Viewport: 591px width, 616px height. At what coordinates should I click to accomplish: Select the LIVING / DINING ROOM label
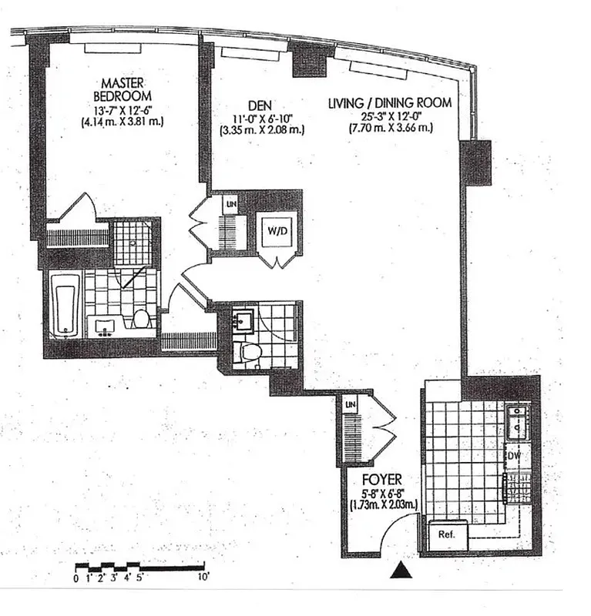point(388,103)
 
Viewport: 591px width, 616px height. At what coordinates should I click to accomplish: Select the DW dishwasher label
point(514,456)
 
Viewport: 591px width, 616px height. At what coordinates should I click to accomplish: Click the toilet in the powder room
point(249,353)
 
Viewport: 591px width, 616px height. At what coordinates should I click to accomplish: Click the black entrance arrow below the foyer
point(400,571)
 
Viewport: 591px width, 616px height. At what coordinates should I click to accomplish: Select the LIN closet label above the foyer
point(350,403)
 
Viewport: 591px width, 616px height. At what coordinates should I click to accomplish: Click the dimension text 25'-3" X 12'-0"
point(388,117)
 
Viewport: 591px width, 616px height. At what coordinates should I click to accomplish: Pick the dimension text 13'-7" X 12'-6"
point(123,110)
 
